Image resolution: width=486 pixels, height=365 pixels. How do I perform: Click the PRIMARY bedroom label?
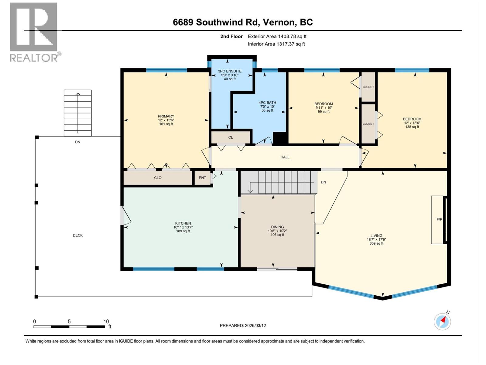coord(166,116)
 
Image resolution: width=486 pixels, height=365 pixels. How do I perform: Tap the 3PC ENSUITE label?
coord(230,71)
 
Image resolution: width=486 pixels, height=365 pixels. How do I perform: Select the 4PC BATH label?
coord(267,103)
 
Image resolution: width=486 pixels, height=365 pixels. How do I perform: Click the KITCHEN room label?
coord(183,223)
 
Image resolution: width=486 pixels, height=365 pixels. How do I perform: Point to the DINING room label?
coord(277,227)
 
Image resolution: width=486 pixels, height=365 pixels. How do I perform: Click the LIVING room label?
coord(376,236)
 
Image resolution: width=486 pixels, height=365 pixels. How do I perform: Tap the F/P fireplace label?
coord(439,219)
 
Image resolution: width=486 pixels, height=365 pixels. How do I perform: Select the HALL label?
coord(285,157)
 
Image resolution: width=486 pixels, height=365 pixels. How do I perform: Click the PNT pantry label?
coord(202,178)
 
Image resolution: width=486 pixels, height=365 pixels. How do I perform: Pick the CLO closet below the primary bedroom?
coord(158,178)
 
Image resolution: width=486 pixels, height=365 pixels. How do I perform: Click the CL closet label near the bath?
coord(231,137)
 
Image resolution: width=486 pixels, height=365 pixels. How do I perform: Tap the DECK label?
coord(78,235)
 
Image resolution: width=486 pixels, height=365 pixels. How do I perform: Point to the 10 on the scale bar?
coord(106,322)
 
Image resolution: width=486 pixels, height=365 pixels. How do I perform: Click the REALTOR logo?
coord(34,32)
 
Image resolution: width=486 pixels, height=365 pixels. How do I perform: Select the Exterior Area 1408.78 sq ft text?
coord(277,36)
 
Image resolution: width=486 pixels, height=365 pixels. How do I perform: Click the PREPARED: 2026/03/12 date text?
coord(243,325)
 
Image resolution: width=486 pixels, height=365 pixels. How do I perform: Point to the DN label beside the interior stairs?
coord(323,182)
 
